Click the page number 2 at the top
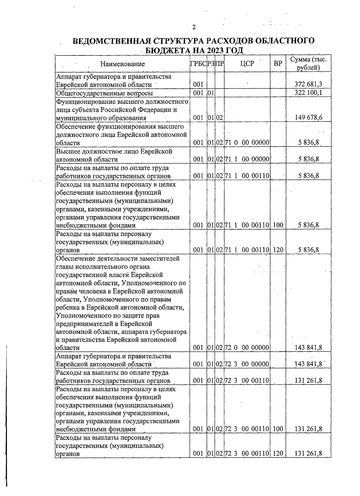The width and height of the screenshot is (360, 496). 194,28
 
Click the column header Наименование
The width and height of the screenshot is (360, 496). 122,64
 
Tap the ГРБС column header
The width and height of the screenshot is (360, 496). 198,64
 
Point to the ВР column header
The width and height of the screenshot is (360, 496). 278,64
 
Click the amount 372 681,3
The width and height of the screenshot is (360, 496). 308,85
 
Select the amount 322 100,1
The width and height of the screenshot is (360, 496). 308,93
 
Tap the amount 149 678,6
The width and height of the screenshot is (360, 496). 308,118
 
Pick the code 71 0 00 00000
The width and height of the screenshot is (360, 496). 247,143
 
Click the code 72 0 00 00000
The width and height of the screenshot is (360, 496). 247,348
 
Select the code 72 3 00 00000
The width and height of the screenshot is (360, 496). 247,364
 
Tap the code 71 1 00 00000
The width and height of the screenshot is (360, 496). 247,159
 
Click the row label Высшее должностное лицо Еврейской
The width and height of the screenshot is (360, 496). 114,151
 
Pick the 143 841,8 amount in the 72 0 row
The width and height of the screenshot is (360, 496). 308,348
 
